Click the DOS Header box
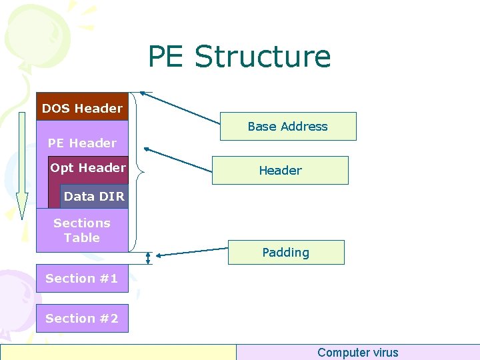82,107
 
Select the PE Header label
82,143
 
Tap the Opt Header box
88,168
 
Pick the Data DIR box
94,197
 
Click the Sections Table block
82,230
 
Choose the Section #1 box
82,279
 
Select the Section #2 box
82,319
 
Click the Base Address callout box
288,127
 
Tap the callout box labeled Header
280,171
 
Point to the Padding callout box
286,253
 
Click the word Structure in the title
262,57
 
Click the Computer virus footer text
357,353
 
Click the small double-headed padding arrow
149,258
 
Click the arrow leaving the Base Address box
180,108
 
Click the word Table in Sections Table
82,238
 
